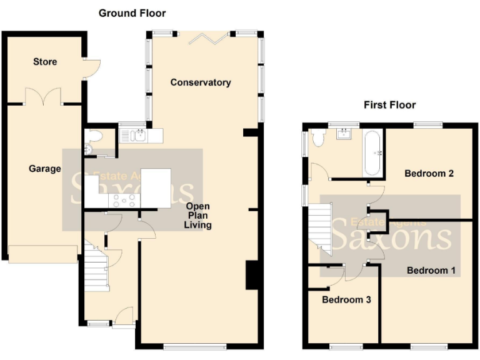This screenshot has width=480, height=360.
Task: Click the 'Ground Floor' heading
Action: (x=132, y=13)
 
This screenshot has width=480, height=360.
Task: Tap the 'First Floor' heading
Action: (x=389, y=105)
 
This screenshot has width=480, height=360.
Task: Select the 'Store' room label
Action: (x=45, y=62)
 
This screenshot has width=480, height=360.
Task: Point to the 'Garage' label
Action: (x=44, y=169)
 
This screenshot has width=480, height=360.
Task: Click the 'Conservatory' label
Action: (x=200, y=82)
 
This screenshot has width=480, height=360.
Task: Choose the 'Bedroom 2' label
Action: (x=429, y=173)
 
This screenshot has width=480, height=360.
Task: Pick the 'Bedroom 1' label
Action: (x=431, y=271)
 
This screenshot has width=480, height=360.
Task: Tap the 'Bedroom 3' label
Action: (x=346, y=300)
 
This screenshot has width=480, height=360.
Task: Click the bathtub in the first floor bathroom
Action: (x=372, y=153)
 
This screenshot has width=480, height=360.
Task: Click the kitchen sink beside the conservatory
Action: (x=136, y=134)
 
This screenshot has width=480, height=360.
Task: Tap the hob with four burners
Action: (x=123, y=201)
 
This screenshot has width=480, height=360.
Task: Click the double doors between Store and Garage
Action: (x=43, y=97)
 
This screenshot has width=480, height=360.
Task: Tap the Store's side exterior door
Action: (x=91, y=67)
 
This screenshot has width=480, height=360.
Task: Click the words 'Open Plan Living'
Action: (x=197, y=216)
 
